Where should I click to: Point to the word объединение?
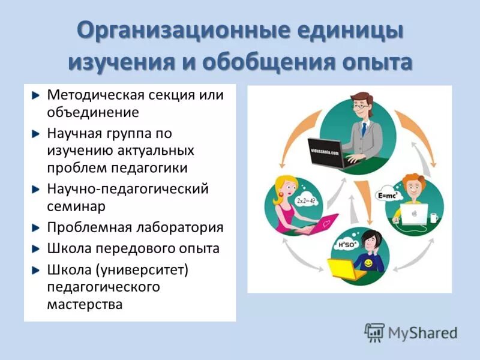[93, 112]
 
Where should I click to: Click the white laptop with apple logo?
[415, 213]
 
